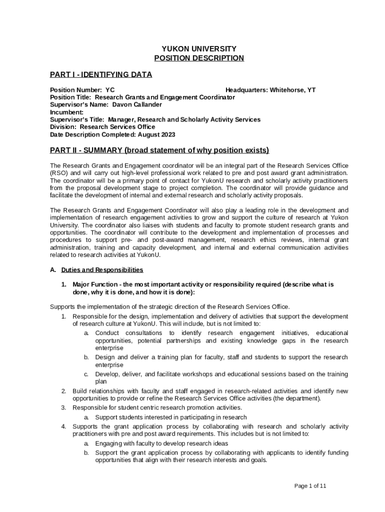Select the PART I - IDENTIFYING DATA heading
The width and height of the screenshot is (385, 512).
click(x=101, y=74)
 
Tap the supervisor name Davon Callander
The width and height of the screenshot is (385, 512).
click(x=137, y=104)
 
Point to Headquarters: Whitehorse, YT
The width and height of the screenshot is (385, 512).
click(x=270, y=90)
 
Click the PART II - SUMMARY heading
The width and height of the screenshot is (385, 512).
click(x=159, y=150)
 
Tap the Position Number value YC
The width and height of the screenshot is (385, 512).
click(x=110, y=90)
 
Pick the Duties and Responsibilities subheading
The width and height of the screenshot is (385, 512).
click(x=102, y=270)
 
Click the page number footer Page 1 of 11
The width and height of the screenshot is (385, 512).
click(x=310, y=485)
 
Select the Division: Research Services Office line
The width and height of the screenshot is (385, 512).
click(x=102, y=127)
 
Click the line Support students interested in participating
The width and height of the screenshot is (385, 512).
click(x=170, y=417)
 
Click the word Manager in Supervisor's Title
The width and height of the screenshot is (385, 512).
click(x=121, y=119)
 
